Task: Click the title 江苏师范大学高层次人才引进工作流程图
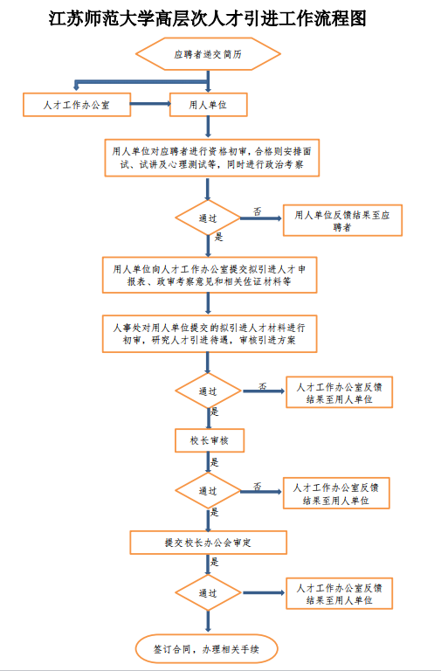[x=208, y=19]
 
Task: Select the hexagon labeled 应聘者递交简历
[x=208, y=54]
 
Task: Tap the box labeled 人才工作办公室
[x=77, y=105]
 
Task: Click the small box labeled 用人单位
[x=209, y=105]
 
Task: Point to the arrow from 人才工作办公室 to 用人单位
[x=150, y=104]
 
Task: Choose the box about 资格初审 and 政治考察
[x=211, y=157]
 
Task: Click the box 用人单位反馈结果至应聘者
[x=342, y=220]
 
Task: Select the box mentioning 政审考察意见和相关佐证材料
[x=210, y=274]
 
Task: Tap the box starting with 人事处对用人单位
[x=210, y=334]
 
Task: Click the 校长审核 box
[x=210, y=440]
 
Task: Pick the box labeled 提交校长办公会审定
[x=209, y=543]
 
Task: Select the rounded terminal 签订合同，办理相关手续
[x=207, y=649]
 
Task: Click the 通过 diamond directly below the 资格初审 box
[x=208, y=218]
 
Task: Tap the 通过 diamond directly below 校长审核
[x=208, y=491]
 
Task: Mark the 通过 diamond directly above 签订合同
[x=208, y=592]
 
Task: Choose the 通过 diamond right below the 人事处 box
[x=208, y=391]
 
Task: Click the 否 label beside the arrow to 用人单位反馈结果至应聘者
[x=258, y=211]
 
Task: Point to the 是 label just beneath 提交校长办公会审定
[x=215, y=562]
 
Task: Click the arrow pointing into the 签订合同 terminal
[x=208, y=621]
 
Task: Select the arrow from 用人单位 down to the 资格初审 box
[x=208, y=127]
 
